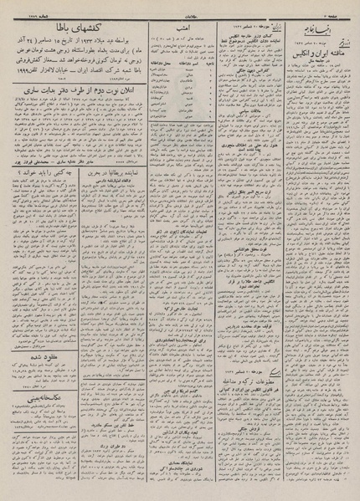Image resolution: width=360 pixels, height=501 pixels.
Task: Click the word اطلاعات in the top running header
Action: pos(179,9)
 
